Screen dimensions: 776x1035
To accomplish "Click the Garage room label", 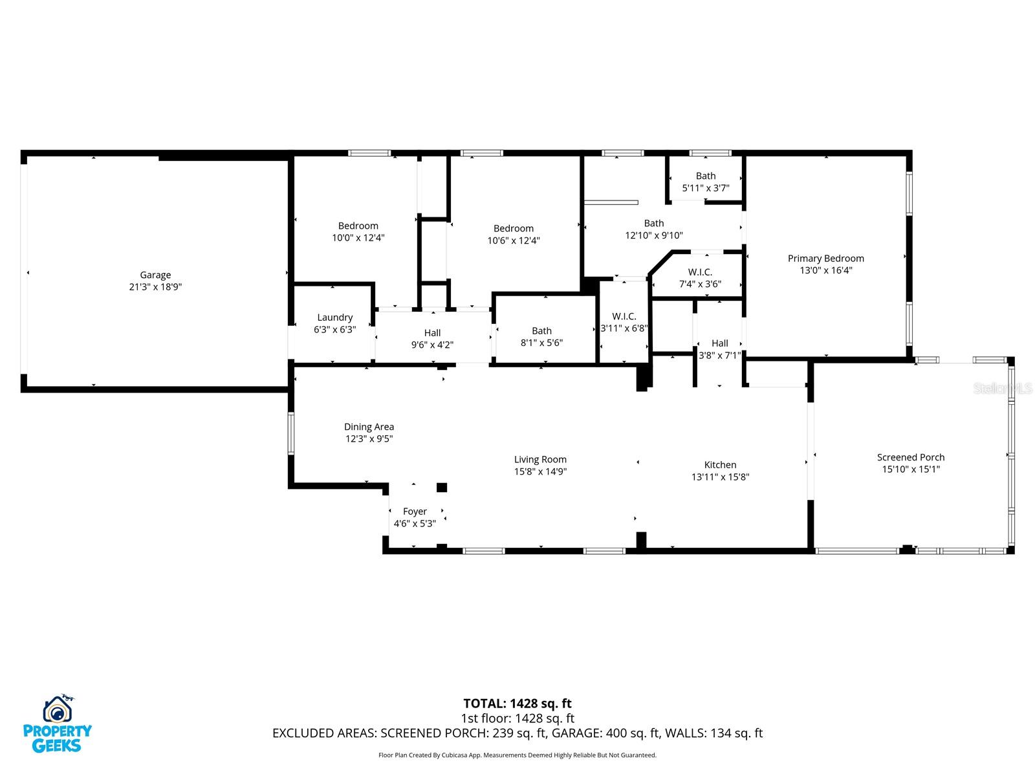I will tap(155, 275).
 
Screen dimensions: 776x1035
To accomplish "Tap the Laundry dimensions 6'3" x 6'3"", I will tap(334, 329).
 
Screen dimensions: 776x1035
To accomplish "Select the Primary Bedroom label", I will tap(825, 259).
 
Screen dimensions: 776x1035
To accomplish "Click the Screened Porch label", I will tap(911, 457).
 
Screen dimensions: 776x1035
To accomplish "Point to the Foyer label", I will tap(415, 512).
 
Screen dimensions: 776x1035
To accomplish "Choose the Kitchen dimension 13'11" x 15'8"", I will tap(720, 477).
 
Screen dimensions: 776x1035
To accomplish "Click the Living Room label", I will tap(540, 460).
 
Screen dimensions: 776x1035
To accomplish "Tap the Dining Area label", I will tap(369, 427).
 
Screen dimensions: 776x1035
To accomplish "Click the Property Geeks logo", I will tap(58, 724).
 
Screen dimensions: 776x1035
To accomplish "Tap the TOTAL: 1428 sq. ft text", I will tap(517, 704).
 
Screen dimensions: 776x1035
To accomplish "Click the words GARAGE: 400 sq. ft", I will tap(631, 733).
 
